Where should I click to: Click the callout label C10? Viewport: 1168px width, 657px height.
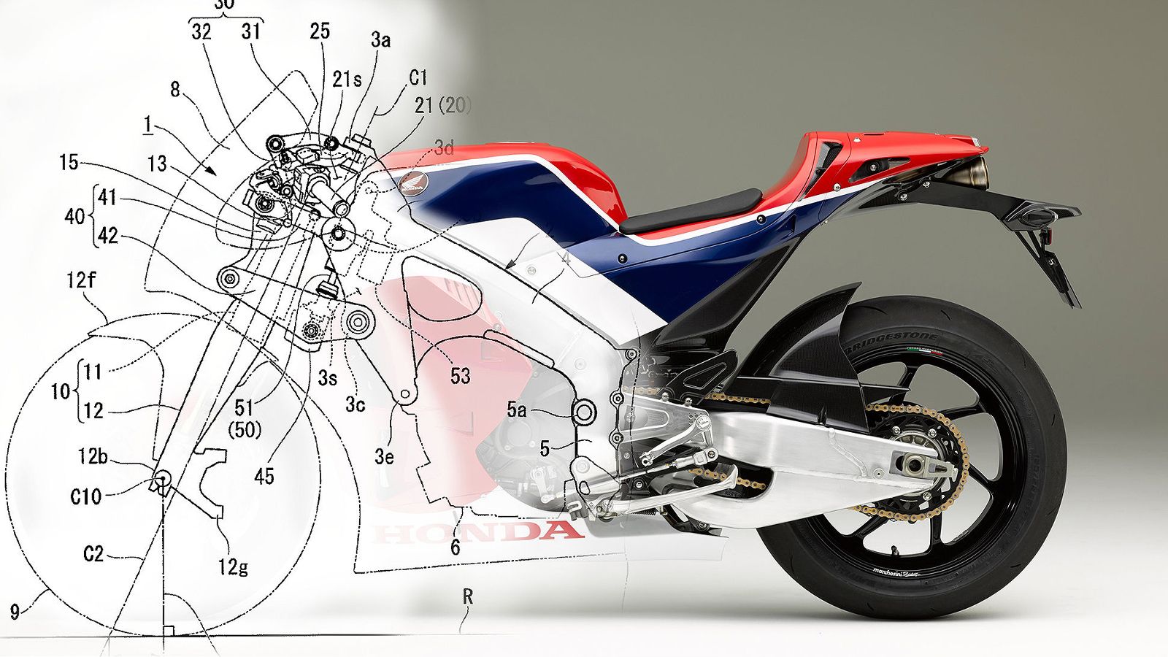[86, 497]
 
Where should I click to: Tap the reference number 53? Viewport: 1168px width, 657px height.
[460, 376]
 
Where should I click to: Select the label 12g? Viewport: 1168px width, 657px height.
[233, 566]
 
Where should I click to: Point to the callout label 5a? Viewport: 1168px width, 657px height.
[517, 410]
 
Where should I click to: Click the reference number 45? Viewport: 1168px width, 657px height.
[264, 477]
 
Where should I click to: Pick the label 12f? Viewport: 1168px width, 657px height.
[81, 280]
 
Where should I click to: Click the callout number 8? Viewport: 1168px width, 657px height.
[174, 89]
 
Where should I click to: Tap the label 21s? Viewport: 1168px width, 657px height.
[347, 79]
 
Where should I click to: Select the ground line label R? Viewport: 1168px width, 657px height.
[468, 596]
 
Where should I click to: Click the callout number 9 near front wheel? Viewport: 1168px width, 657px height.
[15, 610]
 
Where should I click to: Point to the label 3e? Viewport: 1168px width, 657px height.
[384, 457]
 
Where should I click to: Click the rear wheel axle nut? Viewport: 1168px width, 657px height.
[915, 464]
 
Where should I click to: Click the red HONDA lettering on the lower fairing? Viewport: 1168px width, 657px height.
[478, 531]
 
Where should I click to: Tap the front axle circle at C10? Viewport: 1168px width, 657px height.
[161, 480]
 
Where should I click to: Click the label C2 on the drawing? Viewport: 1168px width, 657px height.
[93, 554]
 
